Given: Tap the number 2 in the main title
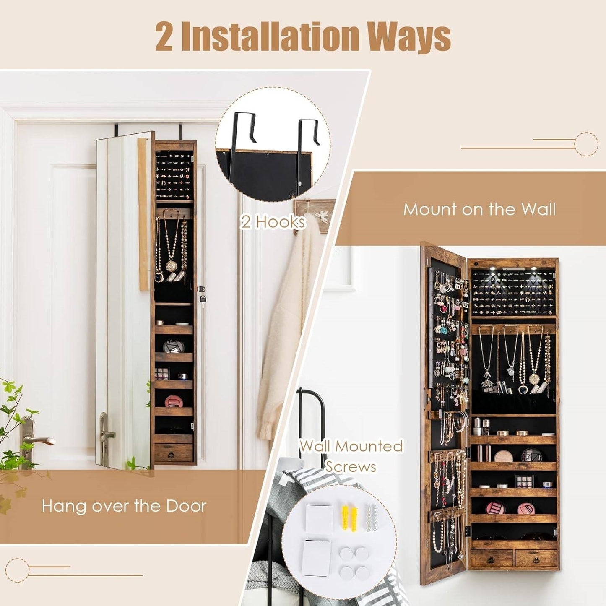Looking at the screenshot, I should coord(164,37).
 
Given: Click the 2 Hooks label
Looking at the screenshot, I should coord(273,222).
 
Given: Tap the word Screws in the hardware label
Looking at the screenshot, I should coord(351,466).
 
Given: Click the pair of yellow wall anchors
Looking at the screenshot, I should coord(349,517).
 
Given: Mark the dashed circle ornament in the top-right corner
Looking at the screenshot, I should coord(585,144).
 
